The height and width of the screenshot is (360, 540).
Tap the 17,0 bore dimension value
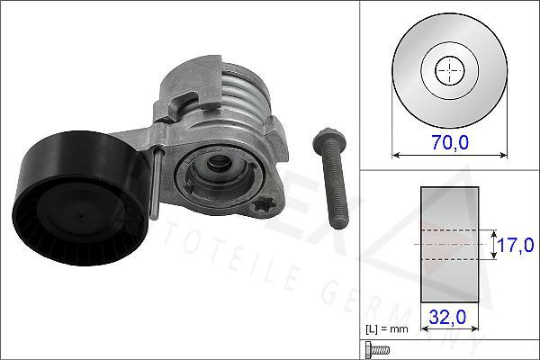point(517,244)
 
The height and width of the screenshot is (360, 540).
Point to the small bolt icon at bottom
point(375,349)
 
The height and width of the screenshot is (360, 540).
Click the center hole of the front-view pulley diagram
point(447,69)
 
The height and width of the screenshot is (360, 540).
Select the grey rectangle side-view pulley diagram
point(448,243)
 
